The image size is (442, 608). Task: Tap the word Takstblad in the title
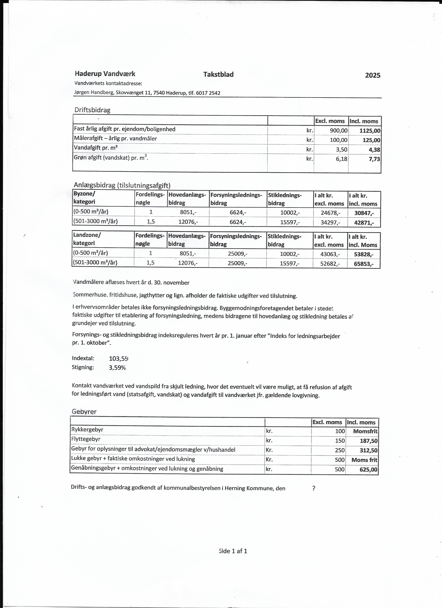pyautogui.click(x=218, y=75)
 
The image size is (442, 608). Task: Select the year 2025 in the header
pyautogui.click(x=372, y=75)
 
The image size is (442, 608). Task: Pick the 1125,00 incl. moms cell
pyautogui.click(x=370, y=131)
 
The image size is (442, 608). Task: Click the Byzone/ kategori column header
pyautogui.click(x=84, y=198)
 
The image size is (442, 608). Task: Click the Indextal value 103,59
pyautogui.click(x=119, y=358)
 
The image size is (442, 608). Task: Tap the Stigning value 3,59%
pyautogui.click(x=117, y=368)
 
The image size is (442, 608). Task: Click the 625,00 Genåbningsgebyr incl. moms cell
pyautogui.click(x=368, y=470)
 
